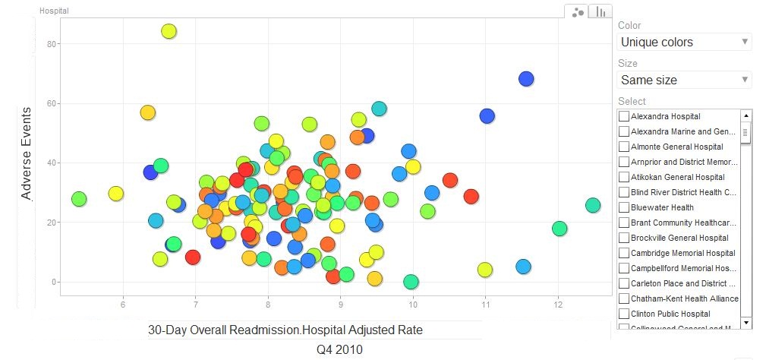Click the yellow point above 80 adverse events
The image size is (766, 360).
point(169,31)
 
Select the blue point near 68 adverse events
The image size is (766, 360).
point(526,78)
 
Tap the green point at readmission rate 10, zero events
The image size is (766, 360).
point(411,282)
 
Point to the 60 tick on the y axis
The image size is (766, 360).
point(52,103)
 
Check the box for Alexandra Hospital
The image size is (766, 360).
point(624,116)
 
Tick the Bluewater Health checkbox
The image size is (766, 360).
point(624,207)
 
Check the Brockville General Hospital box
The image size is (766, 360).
point(624,238)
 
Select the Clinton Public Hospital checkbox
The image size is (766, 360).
point(624,314)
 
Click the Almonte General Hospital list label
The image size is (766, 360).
point(676,147)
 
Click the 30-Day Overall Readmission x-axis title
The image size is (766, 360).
point(285,330)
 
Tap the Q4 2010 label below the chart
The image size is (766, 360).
point(339,349)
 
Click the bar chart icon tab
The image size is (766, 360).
point(601,11)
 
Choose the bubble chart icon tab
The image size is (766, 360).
point(578,11)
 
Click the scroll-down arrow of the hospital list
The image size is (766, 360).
point(746,323)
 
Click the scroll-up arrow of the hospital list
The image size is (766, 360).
point(746,115)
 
